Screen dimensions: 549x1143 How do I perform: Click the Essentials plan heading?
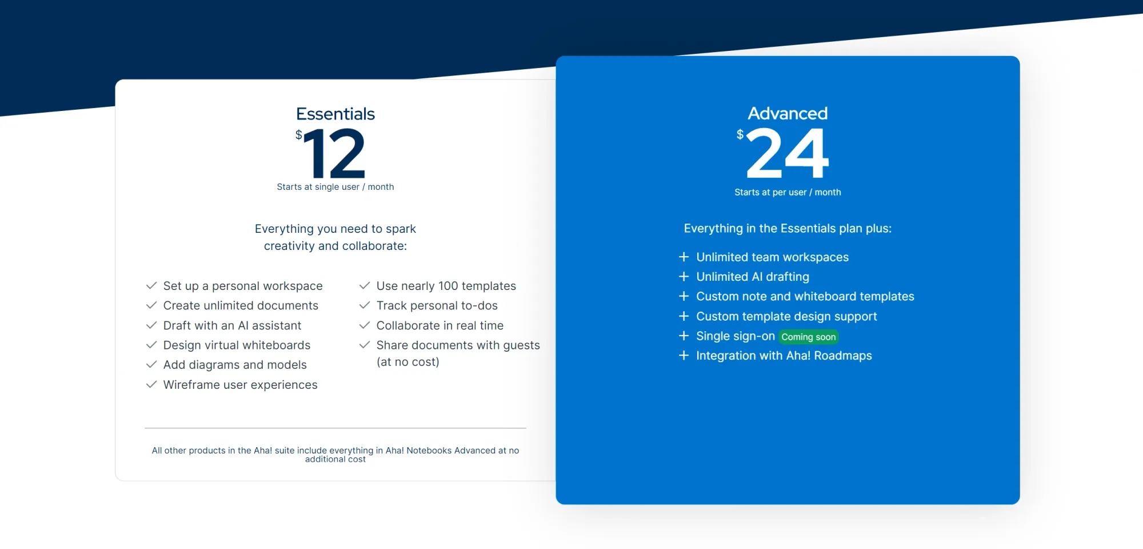tap(335, 114)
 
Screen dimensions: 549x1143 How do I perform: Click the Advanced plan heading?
tap(788, 113)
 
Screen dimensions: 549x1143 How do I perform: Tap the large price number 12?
tap(335, 153)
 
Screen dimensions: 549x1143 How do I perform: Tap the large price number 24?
tap(788, 153)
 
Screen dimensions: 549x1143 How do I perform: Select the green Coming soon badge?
tap(808, 337)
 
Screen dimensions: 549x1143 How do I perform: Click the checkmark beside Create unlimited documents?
tap(151, 305)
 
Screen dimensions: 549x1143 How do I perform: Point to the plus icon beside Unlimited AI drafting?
tap(684, 277)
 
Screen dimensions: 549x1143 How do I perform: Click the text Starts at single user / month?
tap(335, 187)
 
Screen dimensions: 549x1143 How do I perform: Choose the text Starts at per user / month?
tap(788, 192)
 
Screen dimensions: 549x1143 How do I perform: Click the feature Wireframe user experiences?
tap(240, 385)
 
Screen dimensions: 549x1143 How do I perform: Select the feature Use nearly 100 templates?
tap(446, 286)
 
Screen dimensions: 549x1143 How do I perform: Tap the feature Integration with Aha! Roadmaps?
tap(784, 356)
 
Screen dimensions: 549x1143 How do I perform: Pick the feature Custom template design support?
tap(786, 316)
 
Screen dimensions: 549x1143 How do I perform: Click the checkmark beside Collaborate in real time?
tap(365, 325)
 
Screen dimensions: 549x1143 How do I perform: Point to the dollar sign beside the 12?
tap(298, 135)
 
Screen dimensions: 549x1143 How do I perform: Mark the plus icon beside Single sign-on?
tap(684, 336)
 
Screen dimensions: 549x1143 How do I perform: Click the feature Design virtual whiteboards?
tap(237, 345)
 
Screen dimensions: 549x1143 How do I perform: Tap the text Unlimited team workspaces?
tap(772, 257)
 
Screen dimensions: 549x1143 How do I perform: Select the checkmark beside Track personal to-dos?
tap(365, 305)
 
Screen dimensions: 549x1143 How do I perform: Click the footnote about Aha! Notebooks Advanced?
tap(335, 455)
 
